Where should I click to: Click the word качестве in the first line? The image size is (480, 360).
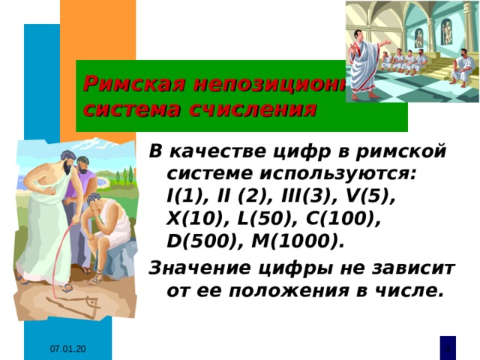[x=226, y=152]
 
